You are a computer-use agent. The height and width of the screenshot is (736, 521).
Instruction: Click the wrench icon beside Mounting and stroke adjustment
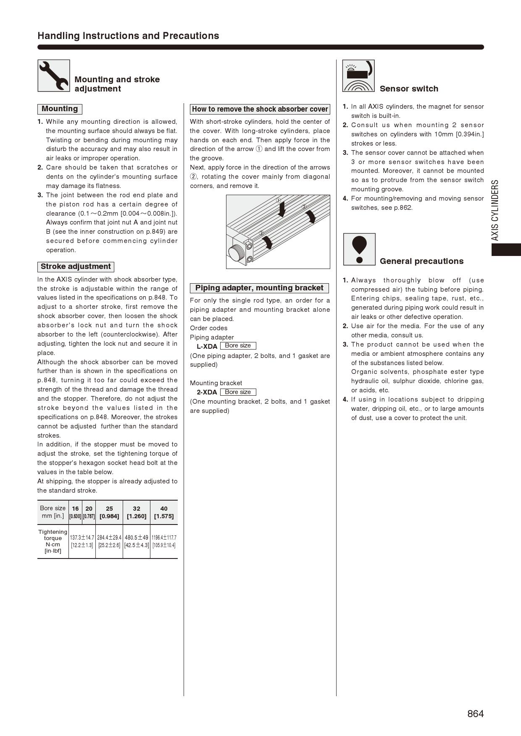(x=54, y=76)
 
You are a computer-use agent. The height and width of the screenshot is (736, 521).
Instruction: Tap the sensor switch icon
(x=358, y=76)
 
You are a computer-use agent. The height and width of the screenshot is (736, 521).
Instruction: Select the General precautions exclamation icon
(x=359, y=249)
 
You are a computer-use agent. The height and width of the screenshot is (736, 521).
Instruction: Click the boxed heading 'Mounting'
(x=60, y=109)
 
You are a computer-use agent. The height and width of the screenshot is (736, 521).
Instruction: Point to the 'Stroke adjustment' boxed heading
(x=76, y=267)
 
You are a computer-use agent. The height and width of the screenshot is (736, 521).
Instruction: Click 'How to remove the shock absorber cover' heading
(x=260, y=109)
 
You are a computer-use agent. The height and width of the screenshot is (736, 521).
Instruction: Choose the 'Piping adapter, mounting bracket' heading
(x=259, y=288)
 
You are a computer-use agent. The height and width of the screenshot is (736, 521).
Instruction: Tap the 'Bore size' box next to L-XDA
(x=238, y=346)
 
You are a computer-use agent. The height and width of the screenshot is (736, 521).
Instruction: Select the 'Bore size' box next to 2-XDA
(x=238, y=392)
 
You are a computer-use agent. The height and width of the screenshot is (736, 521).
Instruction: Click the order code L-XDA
(x=207, y=347)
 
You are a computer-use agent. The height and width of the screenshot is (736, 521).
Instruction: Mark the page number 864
(x=475, y=714)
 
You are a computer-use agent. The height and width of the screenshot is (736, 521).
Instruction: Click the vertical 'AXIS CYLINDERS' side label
(x=495, y=210)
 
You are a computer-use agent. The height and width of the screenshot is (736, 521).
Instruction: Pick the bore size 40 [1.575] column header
(x=164, y=512)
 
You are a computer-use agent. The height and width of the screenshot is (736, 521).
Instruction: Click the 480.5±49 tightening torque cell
(x=137, y=541)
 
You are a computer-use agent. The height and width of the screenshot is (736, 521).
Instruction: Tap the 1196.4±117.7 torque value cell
(x=164, y=541)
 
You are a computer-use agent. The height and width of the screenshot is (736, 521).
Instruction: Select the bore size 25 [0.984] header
(x=109, y=512)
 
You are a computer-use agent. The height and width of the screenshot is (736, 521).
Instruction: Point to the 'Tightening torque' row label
(x=53, y=541)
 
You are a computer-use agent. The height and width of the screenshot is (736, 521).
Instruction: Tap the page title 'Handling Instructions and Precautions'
(x=128, y=36)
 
